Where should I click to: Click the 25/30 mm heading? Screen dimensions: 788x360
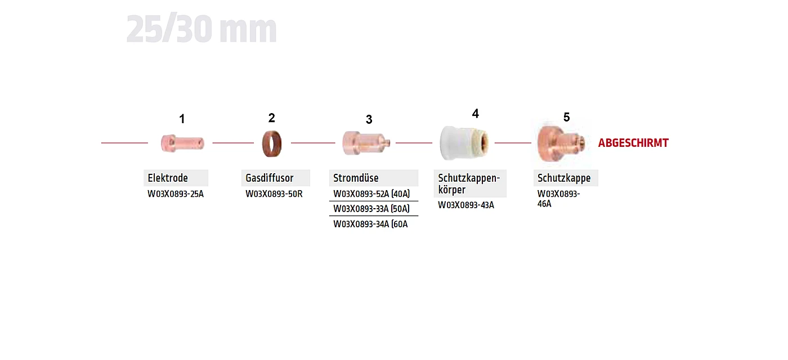pyautogui.click(x=202, y=29)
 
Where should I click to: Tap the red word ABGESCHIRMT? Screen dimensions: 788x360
pyautogui.click(x=633, y=143)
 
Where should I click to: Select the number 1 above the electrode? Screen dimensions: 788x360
pyautogui.click(x=182, y=119)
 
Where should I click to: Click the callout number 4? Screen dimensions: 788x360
pyautogui.click(x=475, y=114)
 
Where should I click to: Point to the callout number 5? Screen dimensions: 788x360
pyautogui.click(x=566, y=117)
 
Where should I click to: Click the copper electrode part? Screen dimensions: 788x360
pyautogui.click(x=182, y=143)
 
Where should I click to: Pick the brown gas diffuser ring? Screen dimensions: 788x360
pyautogui.click(x=272, y=143)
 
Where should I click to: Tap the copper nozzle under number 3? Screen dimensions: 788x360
pyautogui.click(x=366, y=143)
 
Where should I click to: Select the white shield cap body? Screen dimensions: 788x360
pyautogui.click(x=464, y=143)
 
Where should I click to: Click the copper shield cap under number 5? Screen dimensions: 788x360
pyautogui.click(x=561, y=142)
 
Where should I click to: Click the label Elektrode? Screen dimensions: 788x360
pyautogui.click(x=168, y=178)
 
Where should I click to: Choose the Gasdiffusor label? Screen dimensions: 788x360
pyautogui.click(x=270, y=178)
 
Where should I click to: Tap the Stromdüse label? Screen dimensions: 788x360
pyautogui.click(x=356, y=178)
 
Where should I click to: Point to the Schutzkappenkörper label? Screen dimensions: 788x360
pyautogui.click(x=469, y=183)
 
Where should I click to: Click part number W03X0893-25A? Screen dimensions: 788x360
pyautogui.click(x=176, y=193)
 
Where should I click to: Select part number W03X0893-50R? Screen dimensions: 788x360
pyautogui.click(x=274, y=193)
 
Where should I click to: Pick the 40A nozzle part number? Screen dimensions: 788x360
pyautogui.click(x=371, y=193)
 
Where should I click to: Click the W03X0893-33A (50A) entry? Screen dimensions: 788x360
pyautogui.click(x=371, y=209)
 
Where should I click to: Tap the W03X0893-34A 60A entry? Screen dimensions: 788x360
pyautogui.click(x=370, y=224)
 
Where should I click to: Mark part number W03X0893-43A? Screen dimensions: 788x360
pyautogui.click(x=466, y=205)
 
